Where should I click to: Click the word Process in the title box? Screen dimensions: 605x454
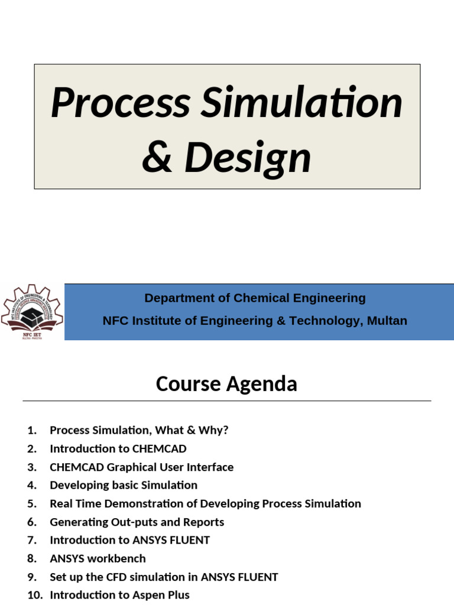point(119,102)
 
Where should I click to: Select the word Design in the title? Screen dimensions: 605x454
point(248,158)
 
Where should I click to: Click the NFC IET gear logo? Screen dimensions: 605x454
point(31,311)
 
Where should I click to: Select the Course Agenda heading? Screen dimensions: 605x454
point(226,384)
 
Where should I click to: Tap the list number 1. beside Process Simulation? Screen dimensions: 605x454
point(32,431)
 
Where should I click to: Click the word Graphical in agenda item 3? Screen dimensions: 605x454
point(134,467)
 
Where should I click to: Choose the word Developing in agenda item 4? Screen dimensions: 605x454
point(77,486)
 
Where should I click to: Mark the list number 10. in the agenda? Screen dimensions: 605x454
point(35,595)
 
